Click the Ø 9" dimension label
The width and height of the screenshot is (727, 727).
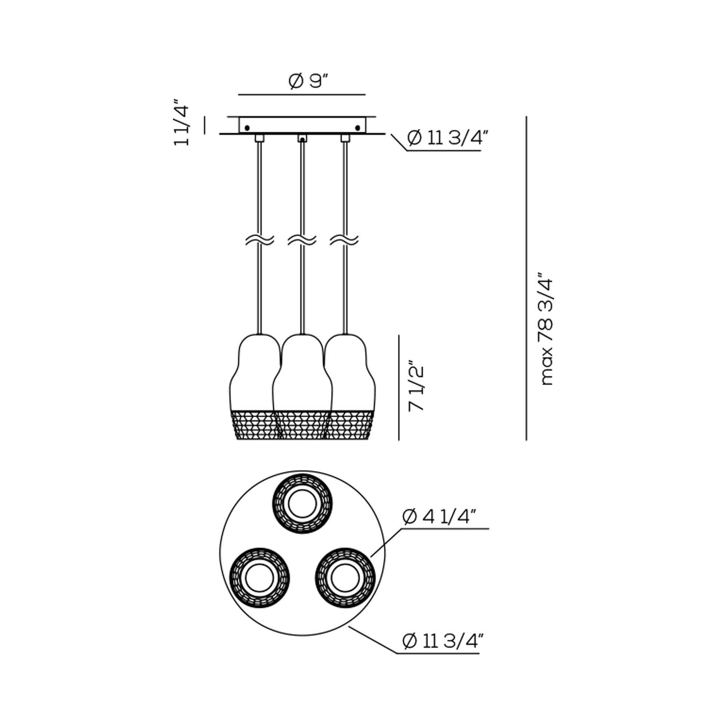coord(309,81)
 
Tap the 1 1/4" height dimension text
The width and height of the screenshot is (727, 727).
coord(181,122)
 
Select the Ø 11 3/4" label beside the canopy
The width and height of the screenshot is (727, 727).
coord(448,139)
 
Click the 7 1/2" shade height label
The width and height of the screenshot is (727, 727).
coord(416,388)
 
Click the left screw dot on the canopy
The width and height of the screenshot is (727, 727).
coord(247,128)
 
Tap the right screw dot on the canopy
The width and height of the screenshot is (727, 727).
coord(358,128)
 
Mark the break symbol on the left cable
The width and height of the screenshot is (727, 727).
coord(260,240)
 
